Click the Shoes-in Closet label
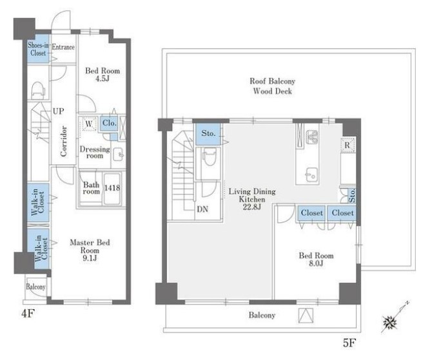tap(38, 49)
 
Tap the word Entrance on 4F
tap(63, 47)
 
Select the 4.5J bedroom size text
tap(103, 79)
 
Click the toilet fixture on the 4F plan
tap(38, 90)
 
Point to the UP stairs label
tap(59, 111)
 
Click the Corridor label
tap(64, 142)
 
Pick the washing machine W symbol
tap(88, 124)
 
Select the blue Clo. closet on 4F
tap(109, 123)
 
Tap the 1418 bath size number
tap(112, 188)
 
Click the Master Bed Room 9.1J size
tap(90, 258)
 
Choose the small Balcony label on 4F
tap(35, 287)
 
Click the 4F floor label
tap(28, 314)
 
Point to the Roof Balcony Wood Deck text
tap(272, 86)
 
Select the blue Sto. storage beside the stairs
tap(208, 134)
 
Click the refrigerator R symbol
tap(347, 145)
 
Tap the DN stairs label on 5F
tap(202, 209)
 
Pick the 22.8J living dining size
tap(252, 207)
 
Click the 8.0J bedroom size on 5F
tap(316, 263)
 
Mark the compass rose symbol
tap(390, 323)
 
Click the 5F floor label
tap(349, 343)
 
